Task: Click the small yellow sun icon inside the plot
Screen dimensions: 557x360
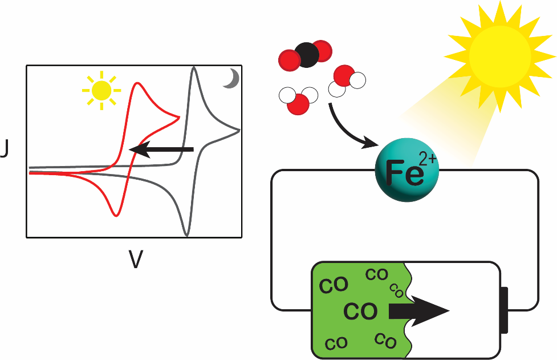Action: pyautogui.click(x=101, y=90)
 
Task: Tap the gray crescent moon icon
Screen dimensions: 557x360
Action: pyautogui.click(x=231, y=79)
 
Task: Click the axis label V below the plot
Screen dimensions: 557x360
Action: pyautogui.click(x=135, y=260)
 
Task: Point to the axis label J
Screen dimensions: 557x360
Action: pyautogui.click(x=4, y=152)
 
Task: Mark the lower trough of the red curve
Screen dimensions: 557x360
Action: pyautogui.click(x=116, y=215)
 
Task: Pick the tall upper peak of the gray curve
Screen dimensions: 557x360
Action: pyautogui.click(x=194, y=68)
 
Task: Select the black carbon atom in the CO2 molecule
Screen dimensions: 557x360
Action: pyautogui.click(x=307, y=55)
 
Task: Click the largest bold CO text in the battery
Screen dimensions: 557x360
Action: pyautogui.click(x=360, y=312)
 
